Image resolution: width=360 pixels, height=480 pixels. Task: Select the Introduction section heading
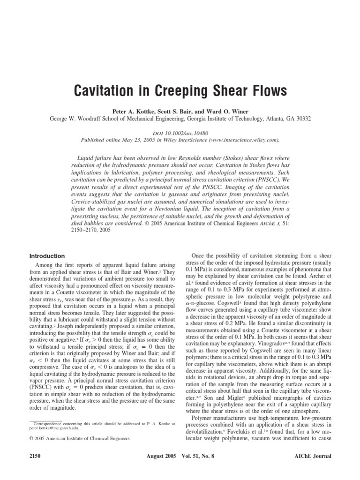point(47,256)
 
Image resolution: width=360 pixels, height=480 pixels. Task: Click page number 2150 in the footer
point(36,456)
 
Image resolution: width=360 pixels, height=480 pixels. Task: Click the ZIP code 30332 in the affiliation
point(301,119)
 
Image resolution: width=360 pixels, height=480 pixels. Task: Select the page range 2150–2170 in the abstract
point(89,231)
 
